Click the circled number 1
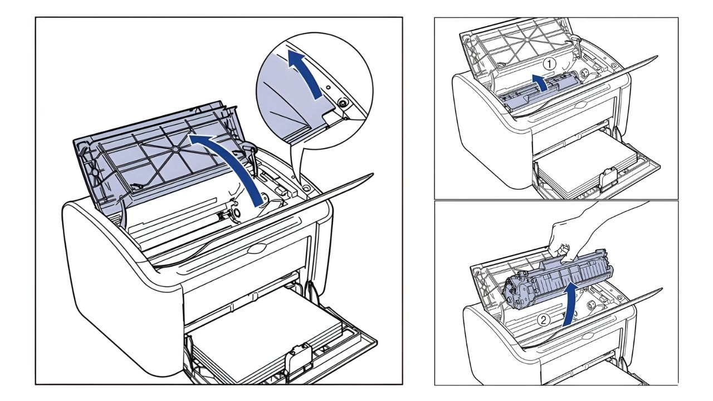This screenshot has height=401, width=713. click(x=550, y=64)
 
